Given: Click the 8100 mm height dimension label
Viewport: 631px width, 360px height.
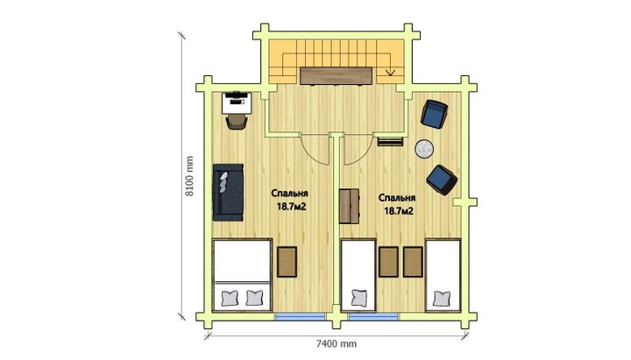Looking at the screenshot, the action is [189, 176].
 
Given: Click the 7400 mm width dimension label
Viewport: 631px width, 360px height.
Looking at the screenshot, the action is [336, 344].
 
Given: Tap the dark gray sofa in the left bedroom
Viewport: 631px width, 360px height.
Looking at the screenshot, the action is [228, 193].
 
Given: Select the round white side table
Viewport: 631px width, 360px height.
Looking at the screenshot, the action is [424, 149].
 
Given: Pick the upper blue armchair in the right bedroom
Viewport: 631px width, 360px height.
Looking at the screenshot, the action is [434, 114].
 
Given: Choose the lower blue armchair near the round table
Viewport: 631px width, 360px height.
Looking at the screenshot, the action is [442, 180].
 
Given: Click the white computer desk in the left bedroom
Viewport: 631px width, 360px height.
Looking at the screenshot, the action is [237, 103].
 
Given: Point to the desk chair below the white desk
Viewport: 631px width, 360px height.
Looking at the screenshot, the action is [237, 122].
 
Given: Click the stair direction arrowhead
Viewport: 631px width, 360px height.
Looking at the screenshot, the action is [390, 73].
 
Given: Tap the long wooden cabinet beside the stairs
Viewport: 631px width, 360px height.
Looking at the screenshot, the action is [336, 76].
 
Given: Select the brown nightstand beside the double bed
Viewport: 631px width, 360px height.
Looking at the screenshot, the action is [287, 262].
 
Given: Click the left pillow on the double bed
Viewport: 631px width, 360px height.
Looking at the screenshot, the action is [230, 299].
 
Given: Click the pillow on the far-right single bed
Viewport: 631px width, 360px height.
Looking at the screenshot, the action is [442, 299].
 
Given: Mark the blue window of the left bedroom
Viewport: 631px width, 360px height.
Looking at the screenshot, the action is [301, 317].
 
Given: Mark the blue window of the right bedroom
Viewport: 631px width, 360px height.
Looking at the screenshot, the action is [374, 317].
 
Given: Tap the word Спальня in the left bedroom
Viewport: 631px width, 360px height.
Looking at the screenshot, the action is [290, 194].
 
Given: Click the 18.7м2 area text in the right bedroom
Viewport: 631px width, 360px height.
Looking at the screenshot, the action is [399, 211].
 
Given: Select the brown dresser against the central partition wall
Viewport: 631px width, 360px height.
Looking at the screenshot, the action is [350, 206].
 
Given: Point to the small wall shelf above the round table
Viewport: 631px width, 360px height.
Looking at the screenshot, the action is [390, 142].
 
